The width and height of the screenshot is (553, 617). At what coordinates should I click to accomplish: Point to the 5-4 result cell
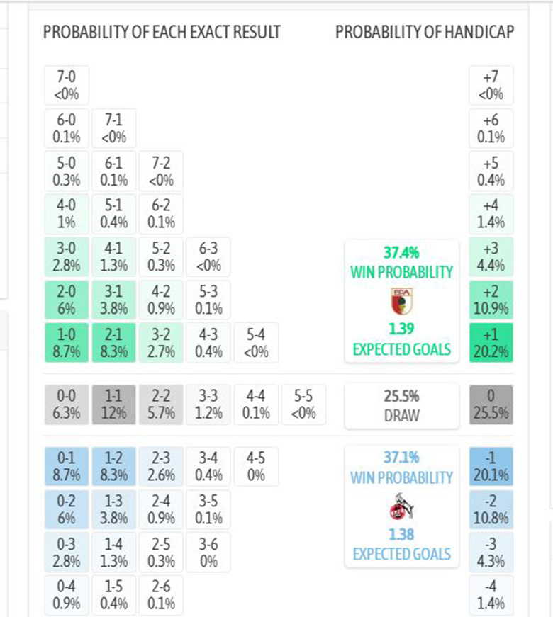tap(256, 342)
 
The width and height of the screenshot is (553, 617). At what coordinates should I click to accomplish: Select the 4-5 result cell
tap(256, 466)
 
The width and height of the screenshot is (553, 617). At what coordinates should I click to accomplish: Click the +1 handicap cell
tap(491, 342)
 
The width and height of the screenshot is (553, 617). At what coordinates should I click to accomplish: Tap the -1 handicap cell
tap(491, 466)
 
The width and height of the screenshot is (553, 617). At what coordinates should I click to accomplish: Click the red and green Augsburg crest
tap(401, 300)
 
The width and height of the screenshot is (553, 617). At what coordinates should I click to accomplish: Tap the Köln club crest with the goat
tap(401, 506)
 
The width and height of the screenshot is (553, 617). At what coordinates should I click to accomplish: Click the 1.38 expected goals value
tap(401, 535)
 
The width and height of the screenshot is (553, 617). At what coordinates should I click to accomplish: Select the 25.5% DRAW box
tap(401, 405)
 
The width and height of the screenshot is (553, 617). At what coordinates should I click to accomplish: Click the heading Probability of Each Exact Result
tap(162, 32)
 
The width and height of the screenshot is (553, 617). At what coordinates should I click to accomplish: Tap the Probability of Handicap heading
tap(425, 32)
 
